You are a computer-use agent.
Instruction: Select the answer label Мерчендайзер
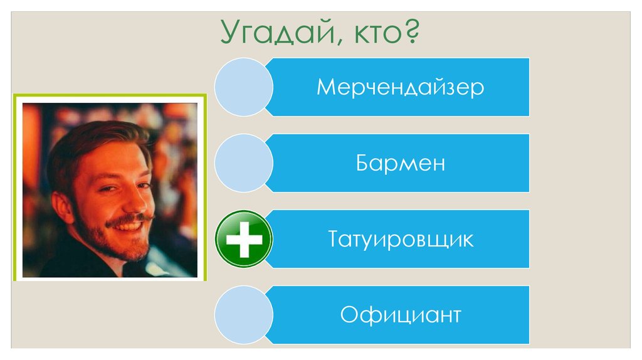click(x=400, y=87)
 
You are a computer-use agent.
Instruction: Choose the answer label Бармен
click(x=400, y=163)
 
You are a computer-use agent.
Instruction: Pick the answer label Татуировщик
click(x=400, y=239)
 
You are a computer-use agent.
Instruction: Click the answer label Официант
click(x=400, y=314)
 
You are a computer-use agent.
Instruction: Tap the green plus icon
click(x=243, y=240)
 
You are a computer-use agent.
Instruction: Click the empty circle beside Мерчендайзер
click(x=243, y=87)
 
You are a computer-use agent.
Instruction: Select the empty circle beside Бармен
click(x=243, y=163)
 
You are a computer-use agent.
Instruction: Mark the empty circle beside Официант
click(x=243, y=314)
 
